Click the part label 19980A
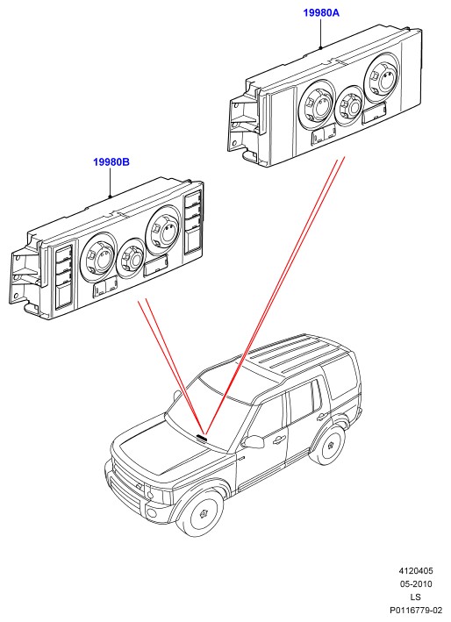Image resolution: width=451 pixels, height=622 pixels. tap(321, 13)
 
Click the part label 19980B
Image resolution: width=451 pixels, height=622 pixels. tap(111, 162)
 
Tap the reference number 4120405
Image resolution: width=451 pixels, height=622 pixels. tap(416, 571)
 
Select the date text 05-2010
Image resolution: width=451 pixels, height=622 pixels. tap(416, 584)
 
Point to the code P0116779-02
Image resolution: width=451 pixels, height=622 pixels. tap(416, 610)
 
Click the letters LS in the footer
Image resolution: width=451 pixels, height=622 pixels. tap(415, 597)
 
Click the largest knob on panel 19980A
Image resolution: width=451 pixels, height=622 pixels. tap(382, 78)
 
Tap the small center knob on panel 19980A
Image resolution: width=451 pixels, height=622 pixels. tap(349, 105)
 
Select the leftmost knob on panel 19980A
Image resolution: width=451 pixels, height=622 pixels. tap(316, 104)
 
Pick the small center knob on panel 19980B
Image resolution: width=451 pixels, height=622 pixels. tap(132, 258)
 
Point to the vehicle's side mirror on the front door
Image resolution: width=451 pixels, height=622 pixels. tap(254, 442)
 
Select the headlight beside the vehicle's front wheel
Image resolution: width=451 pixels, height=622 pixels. tap(157, 494)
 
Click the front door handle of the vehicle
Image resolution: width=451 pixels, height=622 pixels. tap(278, 440)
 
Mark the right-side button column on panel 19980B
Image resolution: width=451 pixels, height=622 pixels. tap(194, 223)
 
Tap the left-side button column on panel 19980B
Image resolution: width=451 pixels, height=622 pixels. tap(63, 277)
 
